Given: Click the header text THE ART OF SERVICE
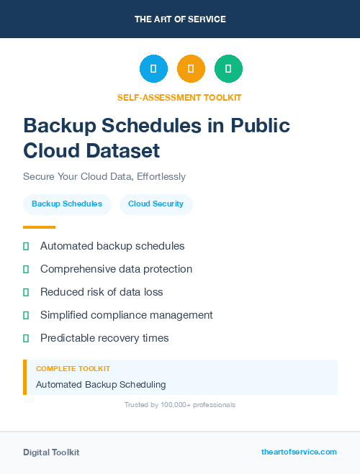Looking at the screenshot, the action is pyautogui.click(x=180, y=19).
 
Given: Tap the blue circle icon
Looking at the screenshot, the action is pyautogui.click(x=153, y=69).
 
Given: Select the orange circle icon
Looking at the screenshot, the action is pyautogui.click(x=191, y=69).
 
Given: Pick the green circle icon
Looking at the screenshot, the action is pyautogui.click(x=228, y=69).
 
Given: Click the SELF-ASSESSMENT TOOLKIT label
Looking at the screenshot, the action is pyautogui.click(x=179, y=97).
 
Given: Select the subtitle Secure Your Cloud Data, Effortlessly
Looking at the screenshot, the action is pyautogui.click(x=104, y=176).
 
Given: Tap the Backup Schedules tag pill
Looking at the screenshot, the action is pyautogui.click(x=67, y=204).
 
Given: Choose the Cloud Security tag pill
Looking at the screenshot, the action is pyautogui.click(x=156, y=204).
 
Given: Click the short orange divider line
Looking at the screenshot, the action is pyautogui.click(x=39, y=227).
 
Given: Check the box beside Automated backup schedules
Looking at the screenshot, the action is pyautogui.click(x=26, y=247).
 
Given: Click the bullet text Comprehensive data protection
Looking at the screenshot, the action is pyautogui.click(x=116, y=269).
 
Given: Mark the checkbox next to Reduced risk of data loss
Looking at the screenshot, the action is pyautogui.click(x=26, y=292).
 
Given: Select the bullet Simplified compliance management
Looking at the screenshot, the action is pyautogui.click(x=126, y=314).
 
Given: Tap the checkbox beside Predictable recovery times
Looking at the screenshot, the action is pyautogui.click(x=26, y=337).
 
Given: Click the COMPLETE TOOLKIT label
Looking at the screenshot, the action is pyautogui.click(x=73, y=368).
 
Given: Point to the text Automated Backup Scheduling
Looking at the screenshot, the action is pyautogui.click(x=101, y=384).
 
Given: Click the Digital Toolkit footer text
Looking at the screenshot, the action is pyautogui.click(x=51, y=452).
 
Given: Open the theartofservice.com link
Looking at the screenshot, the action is pyautogui.click(x=299, y=452).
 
